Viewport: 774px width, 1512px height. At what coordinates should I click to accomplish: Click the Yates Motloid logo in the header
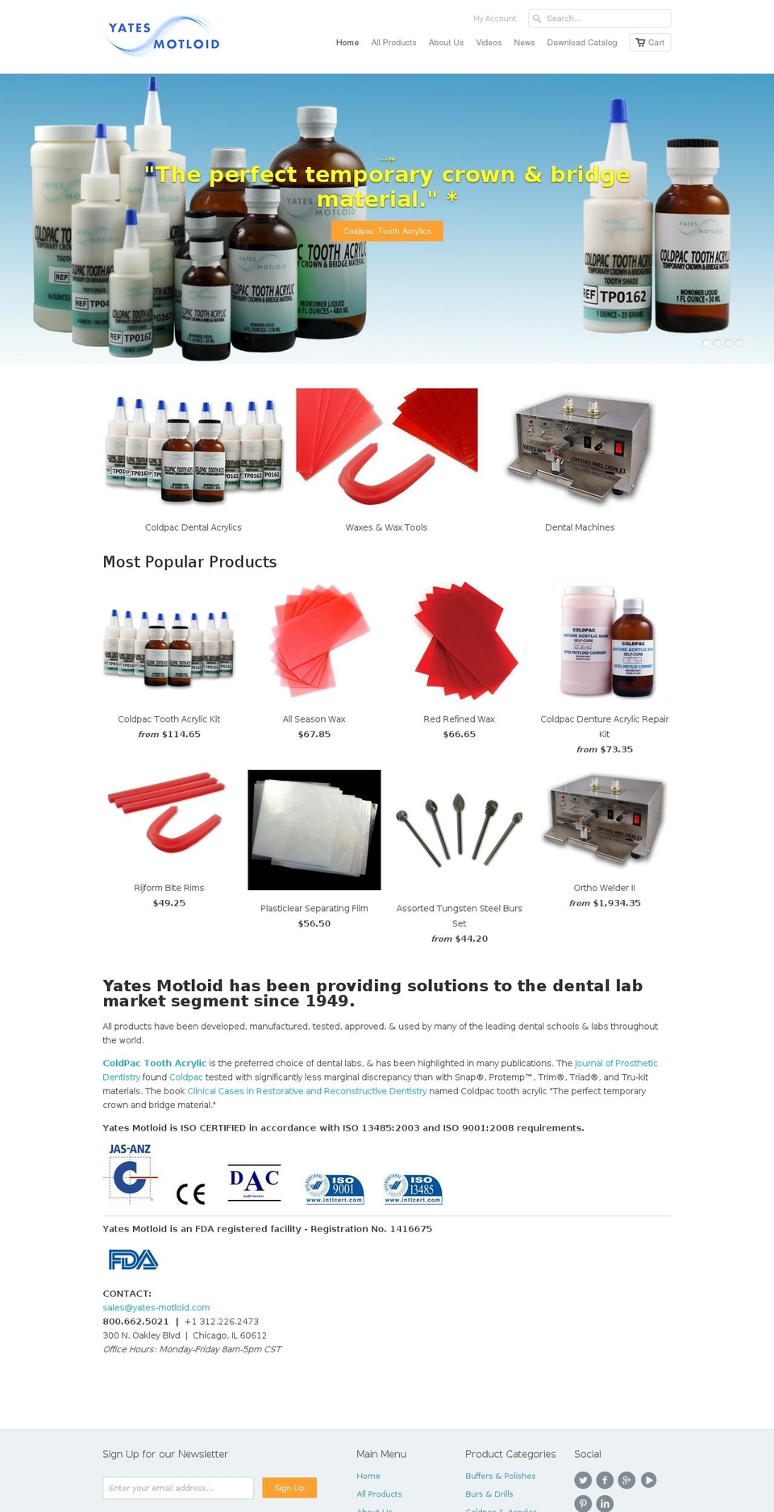[163, 36]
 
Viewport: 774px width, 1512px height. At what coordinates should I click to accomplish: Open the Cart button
[650, 43]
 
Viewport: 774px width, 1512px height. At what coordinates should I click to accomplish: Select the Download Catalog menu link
[581, 43]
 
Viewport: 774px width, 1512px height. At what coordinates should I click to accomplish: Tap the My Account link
[494, 19]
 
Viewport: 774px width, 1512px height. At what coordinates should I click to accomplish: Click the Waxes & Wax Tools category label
[386, 527]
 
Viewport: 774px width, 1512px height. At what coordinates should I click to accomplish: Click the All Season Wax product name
[314, 719]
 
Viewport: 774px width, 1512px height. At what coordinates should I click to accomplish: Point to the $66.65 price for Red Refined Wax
[459, 735]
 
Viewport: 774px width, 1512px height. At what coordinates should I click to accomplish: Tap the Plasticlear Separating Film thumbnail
[314, 830]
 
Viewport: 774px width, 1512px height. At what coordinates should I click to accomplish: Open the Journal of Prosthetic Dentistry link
[616, 1064]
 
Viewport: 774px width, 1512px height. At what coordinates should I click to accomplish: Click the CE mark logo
[191, 1193]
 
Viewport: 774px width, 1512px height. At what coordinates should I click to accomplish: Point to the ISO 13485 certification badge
[413, 1189]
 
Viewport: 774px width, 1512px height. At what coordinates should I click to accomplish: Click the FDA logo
[133, 1260]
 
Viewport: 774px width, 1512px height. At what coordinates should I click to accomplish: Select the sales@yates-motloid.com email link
[156, 1308]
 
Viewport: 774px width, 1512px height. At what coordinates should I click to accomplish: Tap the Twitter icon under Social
[583, 1480]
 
